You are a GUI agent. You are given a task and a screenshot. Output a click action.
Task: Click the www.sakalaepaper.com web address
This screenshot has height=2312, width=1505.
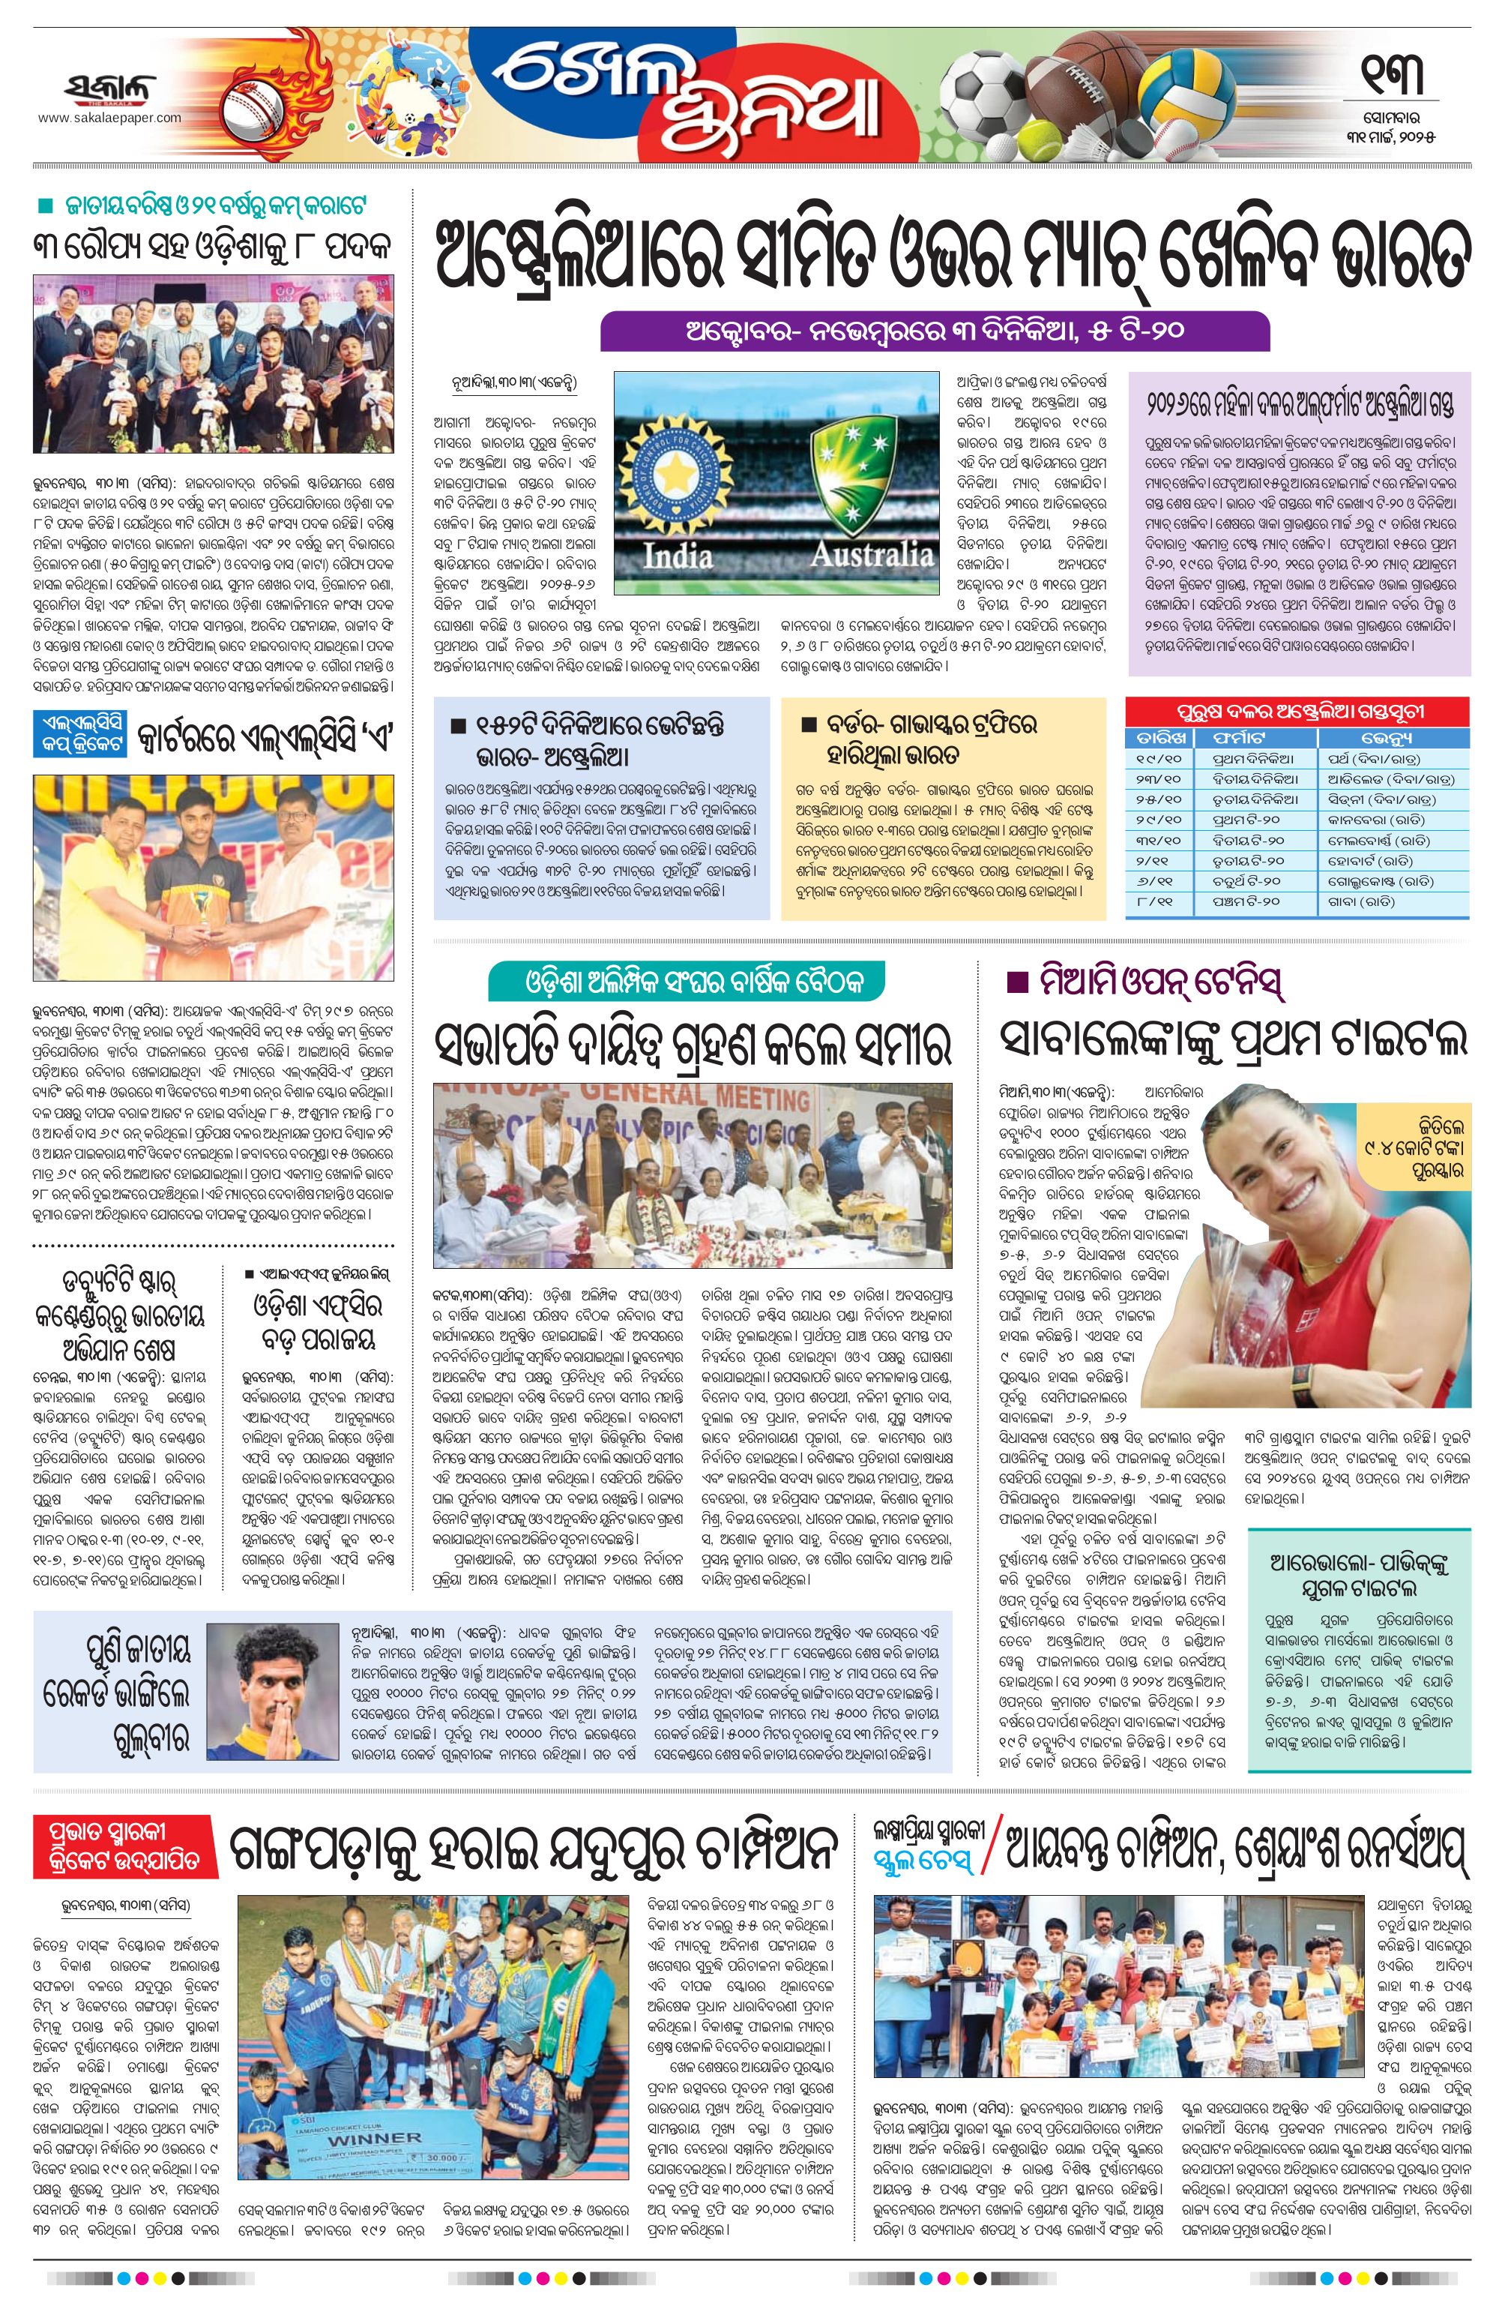point(109,118)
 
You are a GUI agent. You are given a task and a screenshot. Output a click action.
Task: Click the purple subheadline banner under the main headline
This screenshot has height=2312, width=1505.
point(935,330)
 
